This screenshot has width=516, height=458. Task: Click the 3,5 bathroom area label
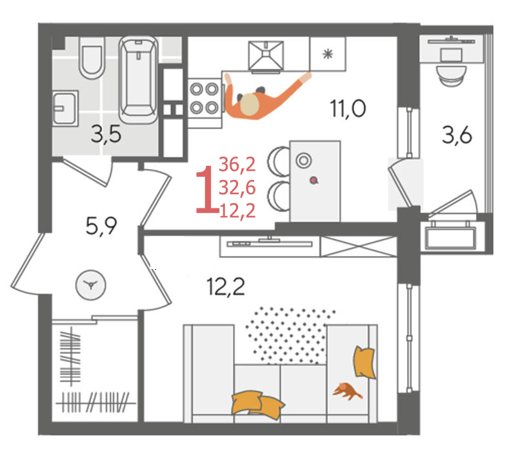(106, 135)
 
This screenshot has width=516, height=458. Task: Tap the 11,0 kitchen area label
(348, 108)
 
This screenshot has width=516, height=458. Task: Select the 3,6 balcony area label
(457, 135)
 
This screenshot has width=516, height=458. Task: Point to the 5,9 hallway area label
(101, 226)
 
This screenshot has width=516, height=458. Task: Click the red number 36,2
(237, 164)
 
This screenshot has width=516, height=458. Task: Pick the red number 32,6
(237, 188)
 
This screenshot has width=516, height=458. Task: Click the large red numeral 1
(206, 190)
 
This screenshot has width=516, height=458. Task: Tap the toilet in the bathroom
(92, 58)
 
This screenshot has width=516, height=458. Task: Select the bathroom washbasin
(65, 108)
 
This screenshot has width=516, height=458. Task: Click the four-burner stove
(204, 99)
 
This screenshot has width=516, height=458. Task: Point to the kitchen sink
(266, 55)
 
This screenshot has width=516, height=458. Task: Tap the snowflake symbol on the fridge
(328, 54)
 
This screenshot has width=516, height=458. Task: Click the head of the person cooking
(250, 104)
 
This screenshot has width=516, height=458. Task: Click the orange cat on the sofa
(347, 391)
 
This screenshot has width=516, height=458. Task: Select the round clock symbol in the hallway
(91, 285)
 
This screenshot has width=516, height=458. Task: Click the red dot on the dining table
(314, 180)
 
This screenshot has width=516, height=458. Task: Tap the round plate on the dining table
(303, 161)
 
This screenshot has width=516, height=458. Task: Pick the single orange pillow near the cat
(364, 362)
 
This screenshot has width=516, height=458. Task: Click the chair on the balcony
(451, 75)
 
